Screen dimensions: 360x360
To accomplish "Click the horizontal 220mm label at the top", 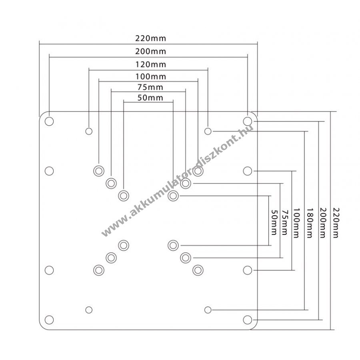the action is point(150,38).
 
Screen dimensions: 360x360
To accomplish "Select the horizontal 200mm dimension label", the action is point(150,51).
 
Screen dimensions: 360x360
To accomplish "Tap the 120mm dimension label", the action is point(150,64).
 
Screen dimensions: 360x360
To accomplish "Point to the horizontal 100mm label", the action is point(150,76).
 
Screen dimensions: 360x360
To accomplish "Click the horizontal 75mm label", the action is point(150,87).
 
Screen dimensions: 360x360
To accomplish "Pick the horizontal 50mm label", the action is point(150,98).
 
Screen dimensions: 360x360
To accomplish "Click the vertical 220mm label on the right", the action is point(336,223).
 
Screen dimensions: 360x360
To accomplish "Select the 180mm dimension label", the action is point(310,223).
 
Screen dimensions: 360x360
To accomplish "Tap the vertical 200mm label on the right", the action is point(323,223).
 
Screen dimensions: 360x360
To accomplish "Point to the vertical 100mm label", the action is point(296,223).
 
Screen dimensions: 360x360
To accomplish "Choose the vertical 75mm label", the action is point(285,222).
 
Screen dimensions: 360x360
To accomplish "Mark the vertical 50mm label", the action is point(274,222).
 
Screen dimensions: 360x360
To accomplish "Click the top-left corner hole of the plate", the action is point(49,121).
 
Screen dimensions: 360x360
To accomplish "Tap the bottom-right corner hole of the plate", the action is point(248,320).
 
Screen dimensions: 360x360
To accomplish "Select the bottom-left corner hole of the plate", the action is point(49,320).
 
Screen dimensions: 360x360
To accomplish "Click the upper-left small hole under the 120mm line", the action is point(89,131).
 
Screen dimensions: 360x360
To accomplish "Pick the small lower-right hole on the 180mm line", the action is point(208,310).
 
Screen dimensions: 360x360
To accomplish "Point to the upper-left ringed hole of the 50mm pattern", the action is point(124,196).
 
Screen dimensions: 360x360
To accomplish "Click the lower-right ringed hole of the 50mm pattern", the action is point(173,246).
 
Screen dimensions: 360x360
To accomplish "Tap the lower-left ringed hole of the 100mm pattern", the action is point(99,270).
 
